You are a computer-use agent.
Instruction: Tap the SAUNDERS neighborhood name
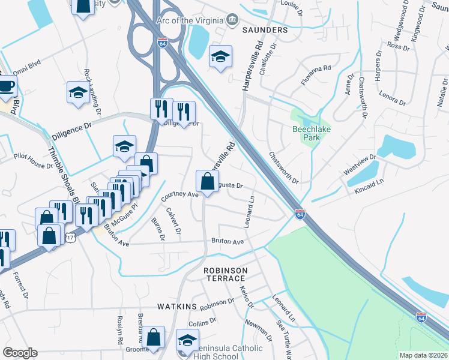[x=265, y=29]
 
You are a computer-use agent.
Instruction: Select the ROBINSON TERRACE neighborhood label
[x=224, y=274]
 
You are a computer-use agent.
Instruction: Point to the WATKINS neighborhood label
[x=177, y=307]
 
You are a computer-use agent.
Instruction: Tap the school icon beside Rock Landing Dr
[x=77, y=92]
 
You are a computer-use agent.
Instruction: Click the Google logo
[x=20, y=353]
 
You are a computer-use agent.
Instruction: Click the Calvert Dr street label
[x=174, y=220]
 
